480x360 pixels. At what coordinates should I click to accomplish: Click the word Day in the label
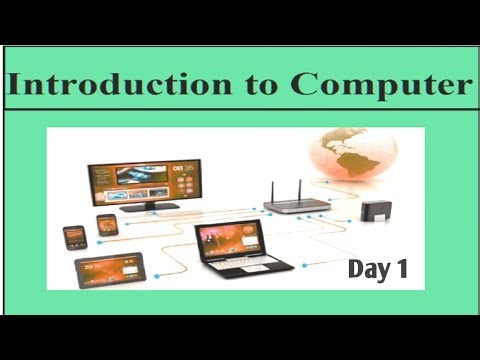(x=366, y=268)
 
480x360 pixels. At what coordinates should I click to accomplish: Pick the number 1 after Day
(x=401, y=268)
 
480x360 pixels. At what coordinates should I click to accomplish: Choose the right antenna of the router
(x=299, y=188)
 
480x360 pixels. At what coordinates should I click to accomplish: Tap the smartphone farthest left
(x=75, y=237)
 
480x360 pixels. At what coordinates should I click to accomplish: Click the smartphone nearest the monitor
(x=107, y=225)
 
